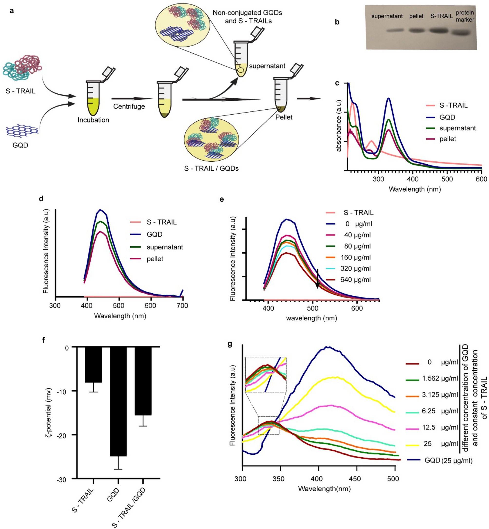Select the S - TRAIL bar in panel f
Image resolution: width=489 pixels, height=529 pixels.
click(x=93, y=365)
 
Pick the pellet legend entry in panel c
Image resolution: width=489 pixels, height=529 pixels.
click(x=447, y=139)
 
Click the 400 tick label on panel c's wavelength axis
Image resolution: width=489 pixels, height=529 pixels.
click(x=412, y=179)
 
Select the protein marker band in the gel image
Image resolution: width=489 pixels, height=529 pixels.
click(x=461, y=33)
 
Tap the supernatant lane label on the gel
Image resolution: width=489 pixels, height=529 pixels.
click(x=387, y=16)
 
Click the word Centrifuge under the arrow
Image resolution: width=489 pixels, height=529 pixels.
click(x=129, y=107)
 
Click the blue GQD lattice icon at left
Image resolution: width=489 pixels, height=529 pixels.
click(x=22, y=131)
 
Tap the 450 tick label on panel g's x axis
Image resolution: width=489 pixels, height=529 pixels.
click(x=355, y=479)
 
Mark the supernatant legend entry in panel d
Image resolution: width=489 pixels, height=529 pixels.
click(x=165, y=247)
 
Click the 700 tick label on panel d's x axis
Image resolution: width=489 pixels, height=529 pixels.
click(x=182, y=305)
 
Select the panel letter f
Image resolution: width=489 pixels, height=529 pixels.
click(x=44, y=340)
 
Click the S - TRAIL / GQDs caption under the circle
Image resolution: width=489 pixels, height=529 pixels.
click(x=211, y=168)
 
